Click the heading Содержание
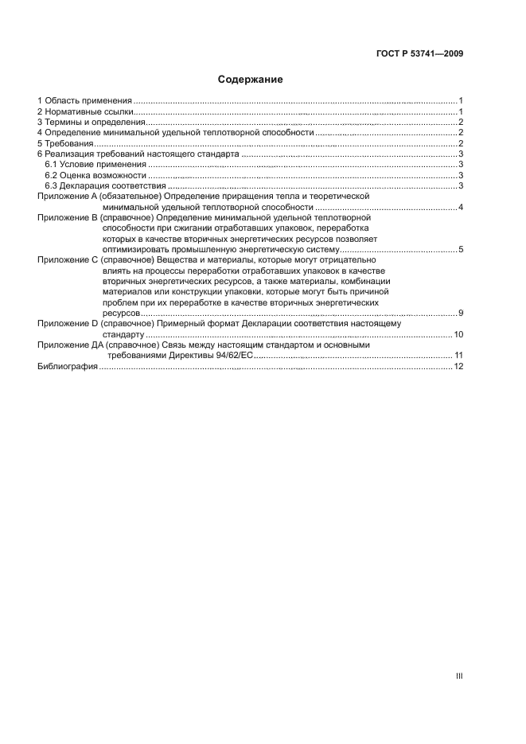pos(250,80)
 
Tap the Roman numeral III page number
pos(459,676)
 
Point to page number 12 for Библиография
pos(458,366)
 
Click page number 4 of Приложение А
pos(461,207)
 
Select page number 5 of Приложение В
pos(461,250)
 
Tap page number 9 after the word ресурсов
pos(461,314)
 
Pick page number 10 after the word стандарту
pos(458,334)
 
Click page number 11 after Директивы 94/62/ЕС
pos(458,356)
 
